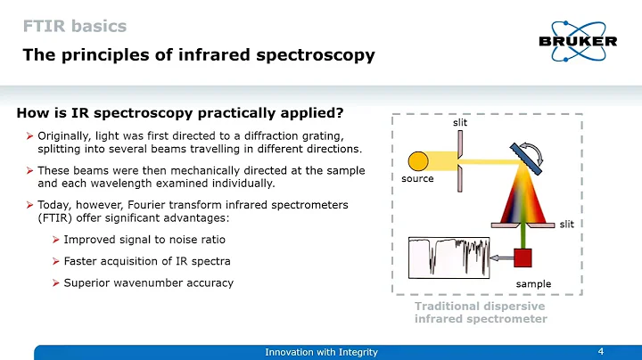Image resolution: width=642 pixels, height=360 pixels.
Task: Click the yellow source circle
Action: [x=417, y=161]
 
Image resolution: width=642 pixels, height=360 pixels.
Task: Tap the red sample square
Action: [x=523, y=258]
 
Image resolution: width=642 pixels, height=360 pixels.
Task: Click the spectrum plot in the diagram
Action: [x=449, y=257]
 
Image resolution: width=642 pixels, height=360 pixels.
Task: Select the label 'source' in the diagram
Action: [x=417, y=179]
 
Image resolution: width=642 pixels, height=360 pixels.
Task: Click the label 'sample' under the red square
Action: [x=533, y=284]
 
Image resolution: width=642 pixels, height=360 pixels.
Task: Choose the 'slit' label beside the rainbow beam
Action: [x=567, y=225]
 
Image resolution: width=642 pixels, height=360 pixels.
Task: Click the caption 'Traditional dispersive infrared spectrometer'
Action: [x=481, y=312]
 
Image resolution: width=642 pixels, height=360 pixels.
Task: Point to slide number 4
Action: [x=600, y=351]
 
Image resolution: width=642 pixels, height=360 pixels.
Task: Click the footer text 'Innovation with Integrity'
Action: [x=321, y=352]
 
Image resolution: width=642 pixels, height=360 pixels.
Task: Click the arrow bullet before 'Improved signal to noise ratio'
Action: [x=56, y=240]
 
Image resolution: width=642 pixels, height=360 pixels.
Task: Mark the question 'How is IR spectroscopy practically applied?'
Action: [x=180, y=113]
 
